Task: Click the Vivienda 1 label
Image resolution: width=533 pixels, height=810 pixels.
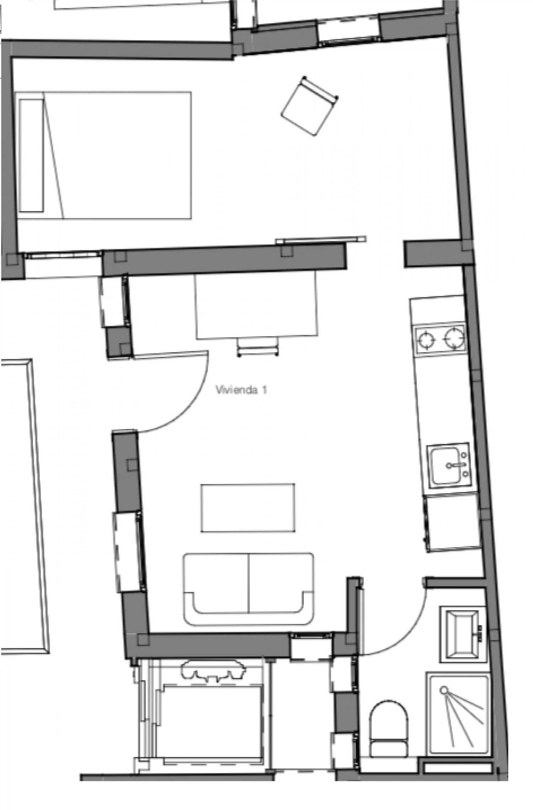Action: [241, 390]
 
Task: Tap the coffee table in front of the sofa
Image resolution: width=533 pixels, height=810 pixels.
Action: [248, 508]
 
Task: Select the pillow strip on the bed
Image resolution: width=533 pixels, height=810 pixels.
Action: [32, 156]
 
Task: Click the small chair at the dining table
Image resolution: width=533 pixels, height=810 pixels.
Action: [258, 346]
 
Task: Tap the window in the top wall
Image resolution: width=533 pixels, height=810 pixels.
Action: [349, 31]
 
